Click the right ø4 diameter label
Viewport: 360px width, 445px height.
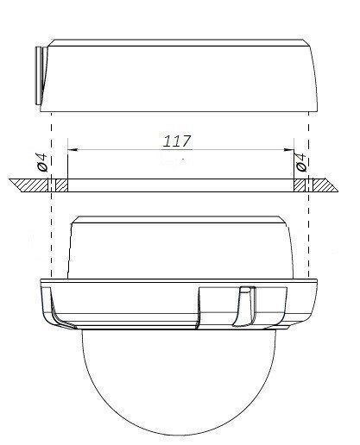tap(300, 161)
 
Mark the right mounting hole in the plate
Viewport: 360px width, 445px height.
tap(300, 185)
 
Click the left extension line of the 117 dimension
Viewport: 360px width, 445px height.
tap(67, 164)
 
